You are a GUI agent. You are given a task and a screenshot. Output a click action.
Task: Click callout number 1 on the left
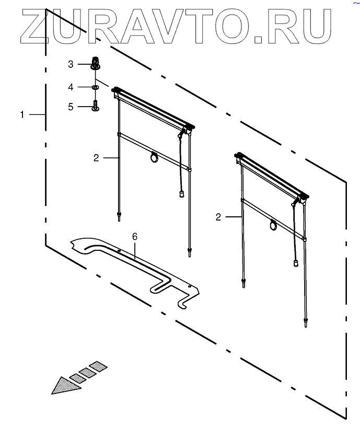[x=22, y=114]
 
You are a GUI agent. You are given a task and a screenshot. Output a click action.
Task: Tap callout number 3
[x=71, y=64]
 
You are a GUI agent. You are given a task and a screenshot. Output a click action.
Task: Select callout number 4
[x=71, y=86]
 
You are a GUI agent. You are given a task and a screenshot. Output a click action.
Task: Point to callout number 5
[x=71, y=107]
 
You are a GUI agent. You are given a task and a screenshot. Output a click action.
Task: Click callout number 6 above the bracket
[x=134, y=237]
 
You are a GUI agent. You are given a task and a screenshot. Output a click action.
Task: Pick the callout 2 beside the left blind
[x=96, y=158]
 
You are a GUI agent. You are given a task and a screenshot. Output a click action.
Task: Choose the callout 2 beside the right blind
[x=218, y=216]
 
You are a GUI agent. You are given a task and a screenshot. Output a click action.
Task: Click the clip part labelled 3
[x=95, y=63]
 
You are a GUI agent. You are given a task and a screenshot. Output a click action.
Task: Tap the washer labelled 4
[x=96, y=87]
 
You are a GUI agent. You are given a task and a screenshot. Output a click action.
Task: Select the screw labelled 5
[x=95, y=106]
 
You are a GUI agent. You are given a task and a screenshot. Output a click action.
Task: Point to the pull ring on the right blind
[x=273, y=226]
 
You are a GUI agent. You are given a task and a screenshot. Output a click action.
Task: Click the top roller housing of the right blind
[x=272, y=175]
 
